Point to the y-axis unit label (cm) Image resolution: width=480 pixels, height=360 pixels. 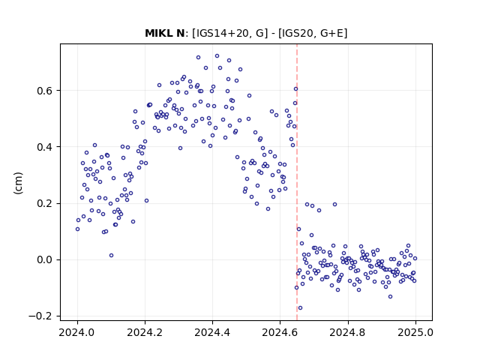pos(18,183)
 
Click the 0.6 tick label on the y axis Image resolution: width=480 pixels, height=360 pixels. pos(45,91)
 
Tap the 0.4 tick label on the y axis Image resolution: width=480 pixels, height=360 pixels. pos(45,147)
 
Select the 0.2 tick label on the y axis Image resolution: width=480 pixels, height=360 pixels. pos(45,203)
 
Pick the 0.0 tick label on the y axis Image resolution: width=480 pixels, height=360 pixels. pos(45,259)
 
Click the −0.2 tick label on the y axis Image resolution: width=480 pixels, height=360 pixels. pos(41,316)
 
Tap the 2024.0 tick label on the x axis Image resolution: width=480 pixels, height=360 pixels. pos(77,332)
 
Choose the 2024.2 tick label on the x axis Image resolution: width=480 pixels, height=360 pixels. pos(145,332)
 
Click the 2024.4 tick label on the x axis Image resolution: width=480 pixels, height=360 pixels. pos(212,332)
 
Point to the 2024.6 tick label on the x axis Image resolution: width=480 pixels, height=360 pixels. pos(280,332)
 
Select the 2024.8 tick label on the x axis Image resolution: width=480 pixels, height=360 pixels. pos(348,332)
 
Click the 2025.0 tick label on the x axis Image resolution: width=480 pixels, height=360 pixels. pos(415,332)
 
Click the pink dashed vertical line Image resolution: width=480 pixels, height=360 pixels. pos(297,182)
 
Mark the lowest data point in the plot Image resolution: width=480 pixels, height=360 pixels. pos(300,307)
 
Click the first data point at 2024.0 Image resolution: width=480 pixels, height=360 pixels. pos(77,229)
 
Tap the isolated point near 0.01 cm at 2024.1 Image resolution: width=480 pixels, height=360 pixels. pos(112,255)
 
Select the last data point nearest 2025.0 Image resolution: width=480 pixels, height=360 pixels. pos(415,258)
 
